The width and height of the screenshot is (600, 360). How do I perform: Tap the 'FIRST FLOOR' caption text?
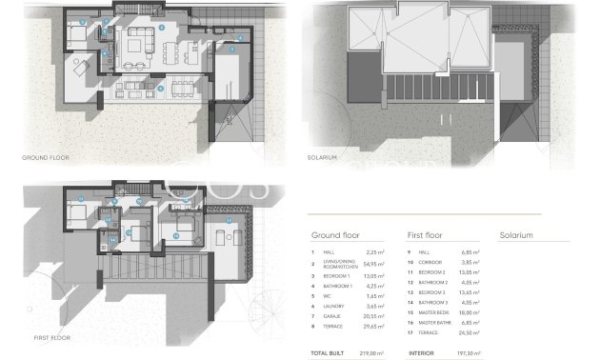[x=42, y=337]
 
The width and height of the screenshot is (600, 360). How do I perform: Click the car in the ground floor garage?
[x=230, y=72]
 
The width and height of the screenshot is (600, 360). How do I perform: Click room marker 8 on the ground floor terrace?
[x=161, y=89]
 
